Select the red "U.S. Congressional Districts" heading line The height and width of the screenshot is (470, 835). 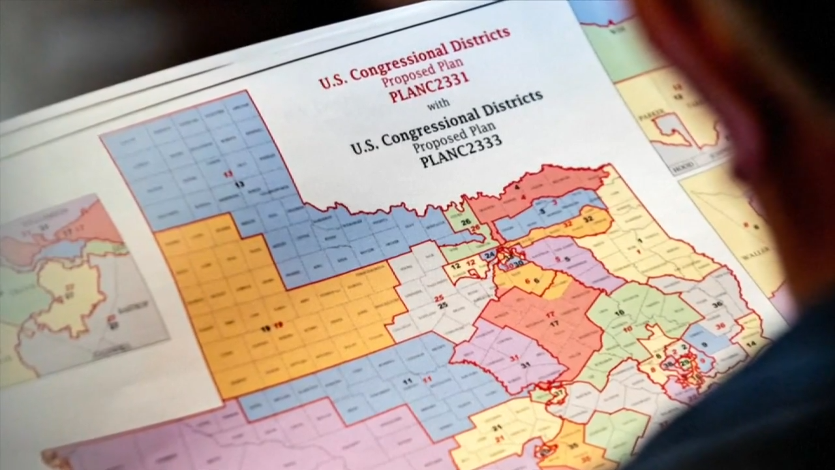tap(415, 57)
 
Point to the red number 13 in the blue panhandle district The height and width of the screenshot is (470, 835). tap(228, 174)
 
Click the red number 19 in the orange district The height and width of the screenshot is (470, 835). tap(279, 326)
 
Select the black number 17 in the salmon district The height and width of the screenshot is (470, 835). tap(554, 323)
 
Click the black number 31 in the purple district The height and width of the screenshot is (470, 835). tap(524, 365)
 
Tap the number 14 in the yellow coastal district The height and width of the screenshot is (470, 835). tap(750, 343)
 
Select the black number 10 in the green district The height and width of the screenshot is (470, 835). tap(618, 313)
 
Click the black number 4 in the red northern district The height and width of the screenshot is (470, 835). tap(517, 188)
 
